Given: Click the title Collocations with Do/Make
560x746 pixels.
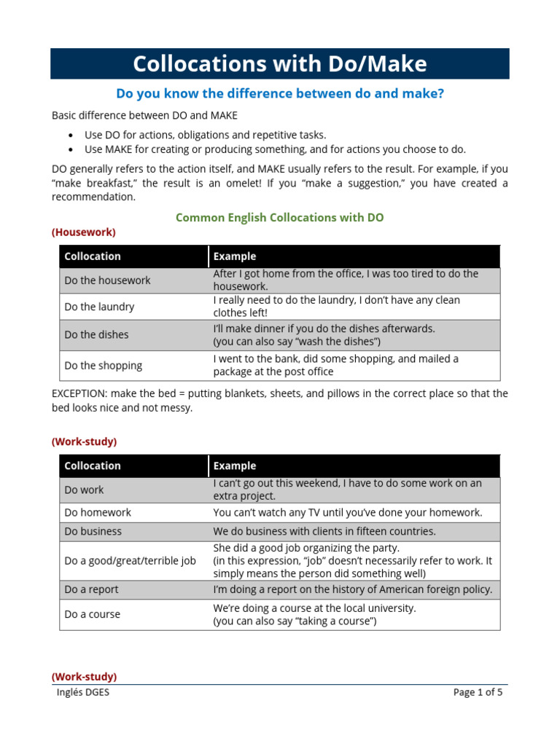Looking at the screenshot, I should pos(279,64).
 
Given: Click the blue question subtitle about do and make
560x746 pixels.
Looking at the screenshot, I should pos(279,94).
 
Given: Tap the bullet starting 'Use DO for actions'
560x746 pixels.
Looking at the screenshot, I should pos(206,135).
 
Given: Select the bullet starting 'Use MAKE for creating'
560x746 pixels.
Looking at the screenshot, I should pos(275,149).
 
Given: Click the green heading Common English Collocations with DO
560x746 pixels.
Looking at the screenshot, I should pos(279,218).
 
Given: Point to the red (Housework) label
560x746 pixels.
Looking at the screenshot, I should pos(83,232).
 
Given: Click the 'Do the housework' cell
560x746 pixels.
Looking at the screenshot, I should pos(107,280).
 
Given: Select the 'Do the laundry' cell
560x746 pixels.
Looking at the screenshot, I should pos(99,307).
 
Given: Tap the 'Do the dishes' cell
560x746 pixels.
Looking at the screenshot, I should pos(96,335).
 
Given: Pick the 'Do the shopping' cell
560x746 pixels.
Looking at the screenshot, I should pos(103,366).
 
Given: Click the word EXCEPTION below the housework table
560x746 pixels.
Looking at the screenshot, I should pos(78,393).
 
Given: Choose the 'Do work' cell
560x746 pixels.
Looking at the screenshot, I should pos(84,490).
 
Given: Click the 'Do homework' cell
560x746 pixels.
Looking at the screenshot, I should pos(98,513).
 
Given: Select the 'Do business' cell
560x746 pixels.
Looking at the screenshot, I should pos(93,532).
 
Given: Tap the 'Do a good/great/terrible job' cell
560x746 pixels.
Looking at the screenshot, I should pos(130,561).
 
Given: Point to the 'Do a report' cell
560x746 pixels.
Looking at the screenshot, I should pos(91,589).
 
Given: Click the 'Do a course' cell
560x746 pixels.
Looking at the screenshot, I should pos(92,615).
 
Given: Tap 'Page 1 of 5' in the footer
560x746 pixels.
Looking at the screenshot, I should pos(478,693).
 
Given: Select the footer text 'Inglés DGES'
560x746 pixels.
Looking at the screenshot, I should pos(83,693).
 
